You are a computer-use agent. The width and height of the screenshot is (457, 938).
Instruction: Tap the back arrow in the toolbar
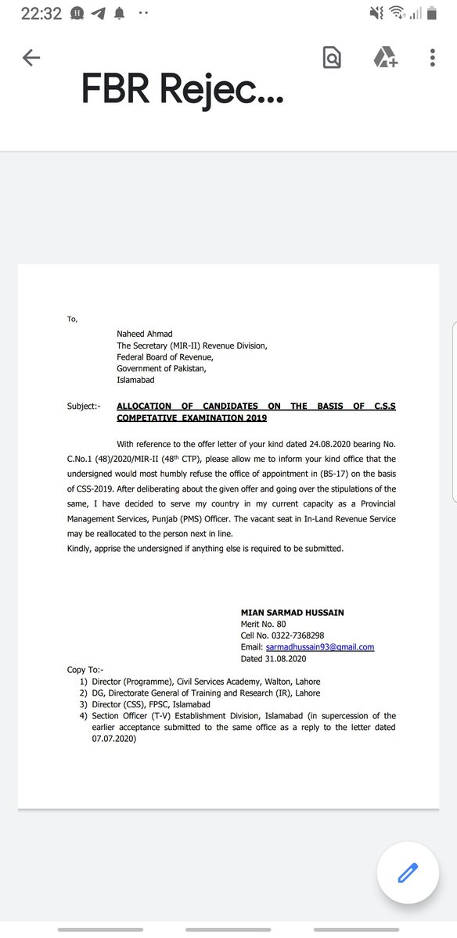tap(31, 58)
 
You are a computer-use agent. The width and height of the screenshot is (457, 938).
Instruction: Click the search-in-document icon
tap(332, 58)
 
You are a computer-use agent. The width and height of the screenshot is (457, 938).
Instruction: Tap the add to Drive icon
tap(384, 58)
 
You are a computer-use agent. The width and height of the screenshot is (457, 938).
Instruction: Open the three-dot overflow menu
tap(433, 58)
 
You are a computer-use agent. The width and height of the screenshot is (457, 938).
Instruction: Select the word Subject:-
tap(84, 406)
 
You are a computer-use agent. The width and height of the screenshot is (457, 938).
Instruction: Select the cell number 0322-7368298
tap(293, 635)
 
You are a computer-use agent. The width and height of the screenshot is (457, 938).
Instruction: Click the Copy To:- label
tap(85, 670)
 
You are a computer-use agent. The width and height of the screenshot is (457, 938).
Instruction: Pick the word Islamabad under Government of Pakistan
tap(136, 380)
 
